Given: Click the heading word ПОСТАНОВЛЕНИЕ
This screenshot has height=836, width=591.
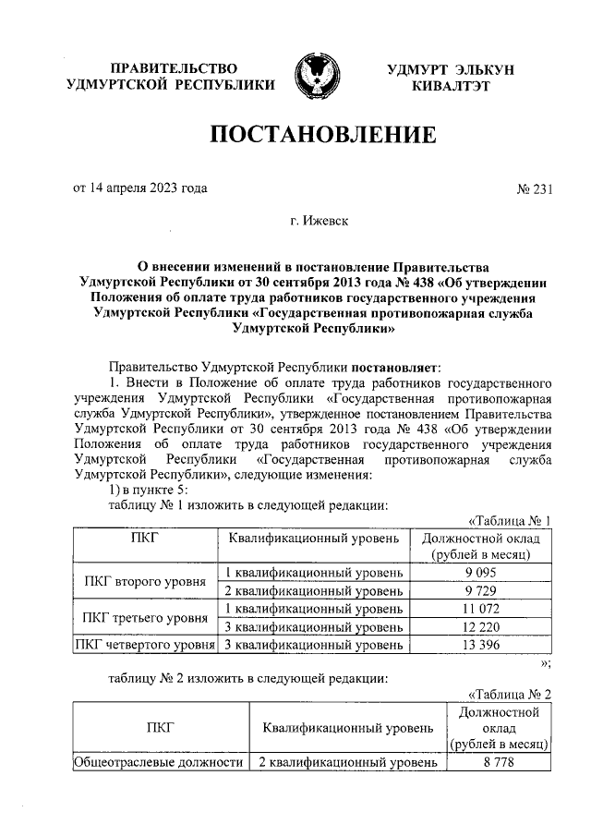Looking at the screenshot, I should (x=322, y=136).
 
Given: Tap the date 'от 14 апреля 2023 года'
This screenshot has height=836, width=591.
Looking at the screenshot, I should (x=139, y=188).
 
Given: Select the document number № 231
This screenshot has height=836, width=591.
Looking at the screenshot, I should (x=534, y=189).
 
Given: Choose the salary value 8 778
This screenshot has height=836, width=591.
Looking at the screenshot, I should (x=499, y=763).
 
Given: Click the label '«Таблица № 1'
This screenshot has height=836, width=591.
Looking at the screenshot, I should (x=510, y=521).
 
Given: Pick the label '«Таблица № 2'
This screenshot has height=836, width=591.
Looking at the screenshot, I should (x=510, y=694).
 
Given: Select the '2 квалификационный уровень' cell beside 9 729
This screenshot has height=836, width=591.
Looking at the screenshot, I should (x=315, y=590).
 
